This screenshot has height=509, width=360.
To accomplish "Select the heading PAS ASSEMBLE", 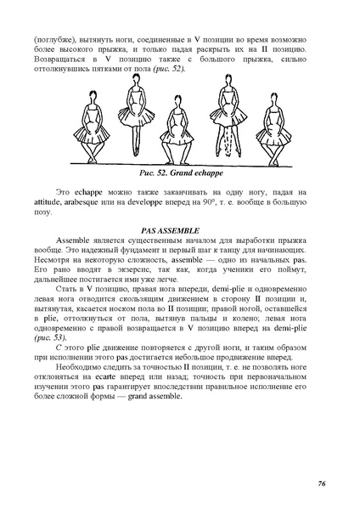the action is [179, 230].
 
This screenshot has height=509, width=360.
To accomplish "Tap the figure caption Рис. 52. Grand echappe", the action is [180, 172].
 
